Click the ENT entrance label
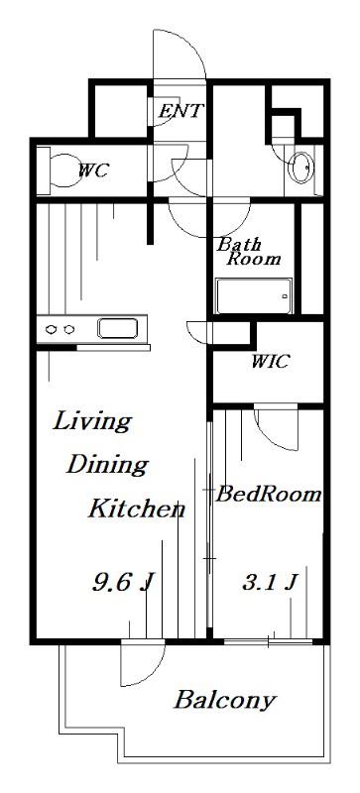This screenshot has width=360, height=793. point(181,110)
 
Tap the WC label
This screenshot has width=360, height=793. point(93,170)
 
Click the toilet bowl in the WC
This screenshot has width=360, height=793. point(60,170)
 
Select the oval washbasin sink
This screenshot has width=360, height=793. point(301,167)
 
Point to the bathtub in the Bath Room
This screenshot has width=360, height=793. point(254,295)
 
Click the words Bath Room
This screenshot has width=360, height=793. point(248,252)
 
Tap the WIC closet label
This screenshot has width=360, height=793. point(271,362)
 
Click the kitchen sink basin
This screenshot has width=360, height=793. point(117,328)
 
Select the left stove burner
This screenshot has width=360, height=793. point(52,330)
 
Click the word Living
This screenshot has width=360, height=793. point(92,422)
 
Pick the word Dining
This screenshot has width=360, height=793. point(107,464)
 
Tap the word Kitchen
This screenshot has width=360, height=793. point(137,509)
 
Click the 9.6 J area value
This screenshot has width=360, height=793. point(122,582)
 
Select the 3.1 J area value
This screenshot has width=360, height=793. point(269,583)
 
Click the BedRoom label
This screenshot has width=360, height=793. point(269,494)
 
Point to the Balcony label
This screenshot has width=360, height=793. point(225,701)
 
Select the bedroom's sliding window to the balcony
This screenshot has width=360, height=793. point(269,641)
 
